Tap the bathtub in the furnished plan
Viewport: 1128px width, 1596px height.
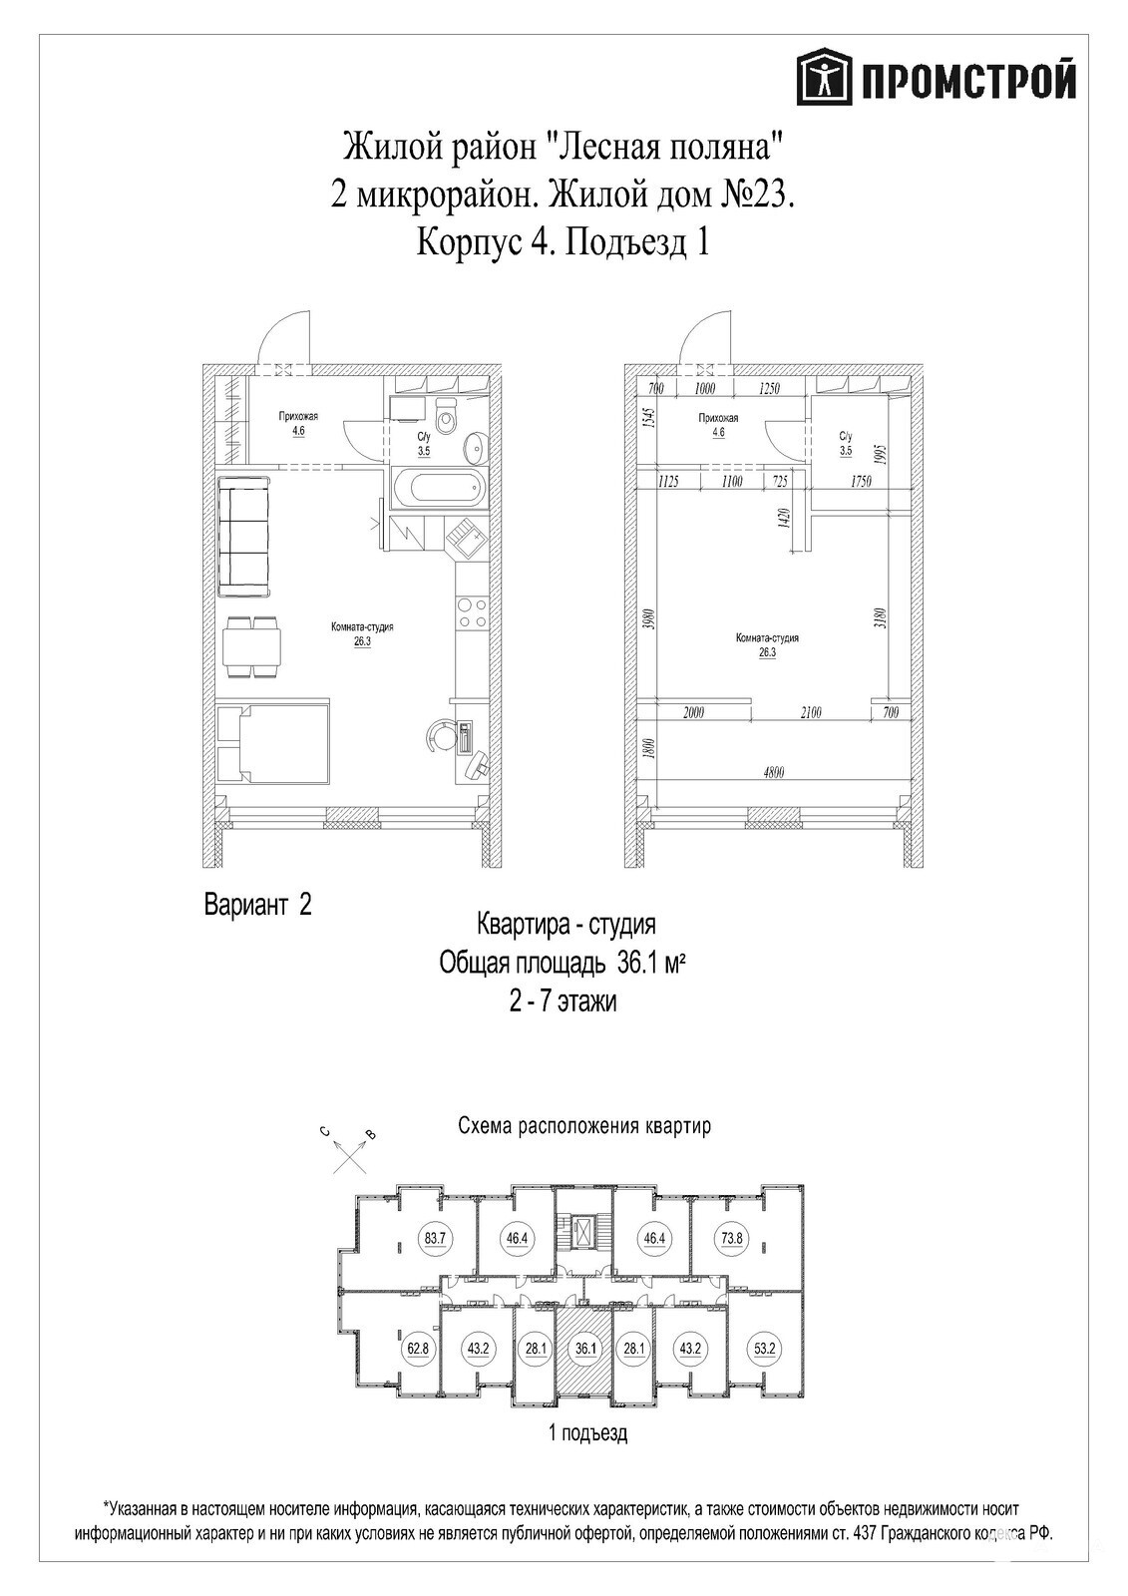pos(436,490)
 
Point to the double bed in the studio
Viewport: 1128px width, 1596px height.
pos(274,744)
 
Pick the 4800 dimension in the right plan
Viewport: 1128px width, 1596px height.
pos(773,772)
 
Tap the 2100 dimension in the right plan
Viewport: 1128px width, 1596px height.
pos(810,712)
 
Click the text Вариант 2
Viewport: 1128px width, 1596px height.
pos(258,906)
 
